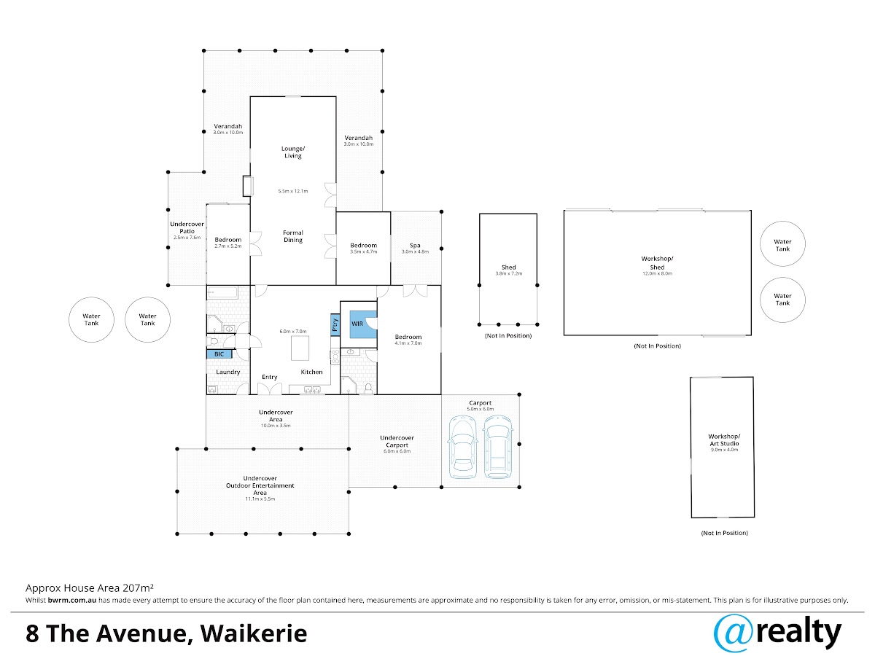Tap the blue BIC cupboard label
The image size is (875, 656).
tap(219, 354)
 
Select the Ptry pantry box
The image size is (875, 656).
tap(335, 324)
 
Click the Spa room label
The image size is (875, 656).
tap(415, 246)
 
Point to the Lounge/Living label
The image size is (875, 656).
tap(293, 152)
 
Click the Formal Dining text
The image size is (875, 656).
tap(293, 236)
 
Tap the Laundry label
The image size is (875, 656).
tap(228, 372)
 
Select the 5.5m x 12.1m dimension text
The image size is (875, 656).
tap(293, 191)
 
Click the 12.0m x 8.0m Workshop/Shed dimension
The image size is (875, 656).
tap(657, 273)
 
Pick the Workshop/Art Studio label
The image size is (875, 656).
tap(724, 440)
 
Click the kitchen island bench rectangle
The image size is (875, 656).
tap(300, 348)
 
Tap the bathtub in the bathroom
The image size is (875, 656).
tap(222, 293)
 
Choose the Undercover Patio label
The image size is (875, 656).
tap(187, 227)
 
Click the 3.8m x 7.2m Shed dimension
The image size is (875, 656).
tap(509, 273)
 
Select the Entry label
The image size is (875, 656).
tap(270, 377)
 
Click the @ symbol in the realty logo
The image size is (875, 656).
tap(734, 634)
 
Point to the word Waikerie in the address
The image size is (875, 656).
tap(254, 633)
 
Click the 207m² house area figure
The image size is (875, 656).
tap(138, 588)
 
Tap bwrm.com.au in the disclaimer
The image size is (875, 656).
tap(71, 600)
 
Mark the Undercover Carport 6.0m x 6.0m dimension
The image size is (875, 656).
tap(397, 451)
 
